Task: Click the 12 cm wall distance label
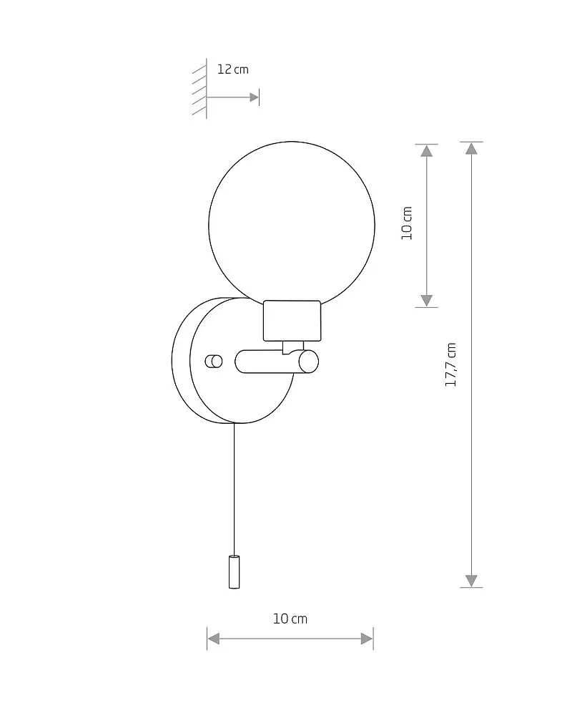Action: click(232, 69)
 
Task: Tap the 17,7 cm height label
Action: click(450, 364)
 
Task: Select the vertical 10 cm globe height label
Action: click(407, 223)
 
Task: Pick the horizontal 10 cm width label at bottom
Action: click(290, 619)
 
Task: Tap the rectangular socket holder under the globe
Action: click(292, 321)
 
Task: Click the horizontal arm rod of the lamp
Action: click(269, 362)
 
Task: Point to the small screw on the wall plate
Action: click(214, 361)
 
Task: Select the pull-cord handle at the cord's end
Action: click(234, 571)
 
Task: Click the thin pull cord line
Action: click(235, 489)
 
